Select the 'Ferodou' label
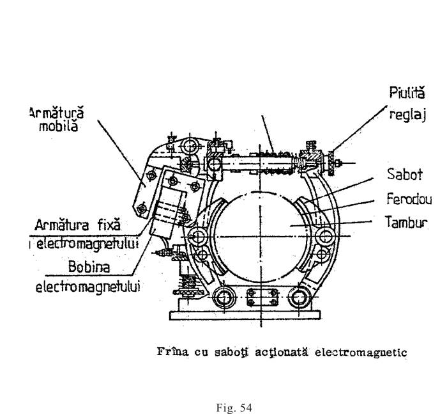point(409,199)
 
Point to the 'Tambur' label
point(407,223)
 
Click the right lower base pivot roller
point(298,298)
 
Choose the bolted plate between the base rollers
point(262,298)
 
